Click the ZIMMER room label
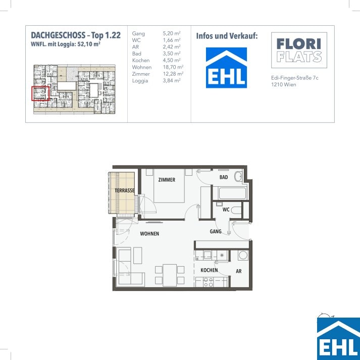click(x=167, y=180)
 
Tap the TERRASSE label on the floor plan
click(x=125, y=190)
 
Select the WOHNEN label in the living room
click(x=149, y=234)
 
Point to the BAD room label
click(x=224, y=177)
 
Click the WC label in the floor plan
click(x=226, y=210)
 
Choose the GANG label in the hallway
click(x=216, y=231)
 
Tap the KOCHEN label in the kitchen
click(x=209, y=270)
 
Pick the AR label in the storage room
click(x=238, y=271)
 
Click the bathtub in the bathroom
click(x=232, y=193)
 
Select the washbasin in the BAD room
click(x=238, y=176)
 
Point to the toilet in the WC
click(x=236, y=210)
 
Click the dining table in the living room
click(x=170, y=275)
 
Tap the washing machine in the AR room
click(x=243, y=255)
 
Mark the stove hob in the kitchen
click(x=208, y=282)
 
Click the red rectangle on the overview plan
click(x=40, y=93)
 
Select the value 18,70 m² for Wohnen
click(x=173, y=67)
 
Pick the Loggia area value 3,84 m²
click(x=172, y=81)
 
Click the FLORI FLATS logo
click(x=299, y=50)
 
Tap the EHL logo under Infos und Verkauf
click(x=226, y=68)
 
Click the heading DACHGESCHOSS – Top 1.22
click(x=76, y=35)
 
